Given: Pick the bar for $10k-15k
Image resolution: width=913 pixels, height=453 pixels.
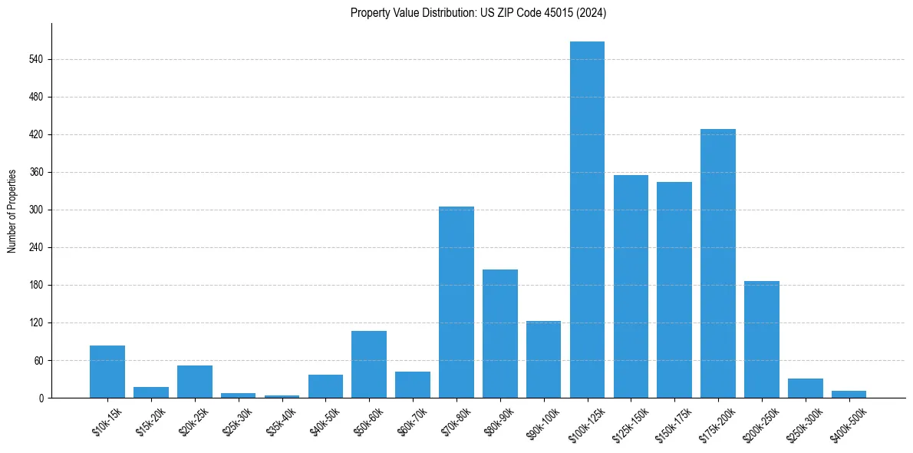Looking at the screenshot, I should coord(107,372).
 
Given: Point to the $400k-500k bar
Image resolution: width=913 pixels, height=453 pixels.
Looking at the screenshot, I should coord(849,394).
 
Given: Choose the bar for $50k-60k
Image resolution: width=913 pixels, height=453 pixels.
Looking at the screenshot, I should coord(369,364).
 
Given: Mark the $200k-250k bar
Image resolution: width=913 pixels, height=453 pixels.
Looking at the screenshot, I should coord(762,339).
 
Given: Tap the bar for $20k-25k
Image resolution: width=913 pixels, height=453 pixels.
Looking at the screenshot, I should coord(195,382).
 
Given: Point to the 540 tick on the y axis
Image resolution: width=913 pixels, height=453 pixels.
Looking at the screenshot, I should coord(38,60).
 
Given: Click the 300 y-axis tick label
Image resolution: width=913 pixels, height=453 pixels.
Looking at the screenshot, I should coord(38,210).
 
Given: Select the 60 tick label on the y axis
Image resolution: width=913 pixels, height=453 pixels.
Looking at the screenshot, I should coord(41,361).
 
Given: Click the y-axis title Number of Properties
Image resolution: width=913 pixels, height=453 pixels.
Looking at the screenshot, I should coord(12,210).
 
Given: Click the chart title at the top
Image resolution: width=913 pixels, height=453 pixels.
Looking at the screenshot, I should coord(478,13).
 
